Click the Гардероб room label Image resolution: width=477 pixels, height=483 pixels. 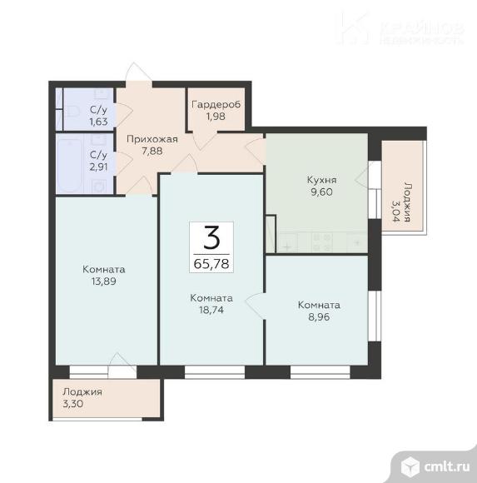point(216,105)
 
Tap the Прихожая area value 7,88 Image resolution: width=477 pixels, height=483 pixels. point(152,152)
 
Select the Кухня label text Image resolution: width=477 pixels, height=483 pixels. point(322,180)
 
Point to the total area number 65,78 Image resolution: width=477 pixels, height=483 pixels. point(211,264)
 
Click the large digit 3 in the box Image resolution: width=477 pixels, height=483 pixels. point(211,237)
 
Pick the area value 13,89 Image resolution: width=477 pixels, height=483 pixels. point(104,281)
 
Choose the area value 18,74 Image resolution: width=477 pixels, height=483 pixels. point(211,310)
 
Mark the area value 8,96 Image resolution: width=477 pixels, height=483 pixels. point(319,316)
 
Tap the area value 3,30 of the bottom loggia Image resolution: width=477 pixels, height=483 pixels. point(73,404)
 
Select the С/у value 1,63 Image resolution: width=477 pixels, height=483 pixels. point(98,122)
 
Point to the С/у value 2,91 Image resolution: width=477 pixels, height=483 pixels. point(98,167)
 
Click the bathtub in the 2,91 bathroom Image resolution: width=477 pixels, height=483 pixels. point(70,166)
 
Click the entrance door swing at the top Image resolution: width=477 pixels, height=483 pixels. point(138,72)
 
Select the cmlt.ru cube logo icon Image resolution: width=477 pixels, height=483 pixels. point(410,466)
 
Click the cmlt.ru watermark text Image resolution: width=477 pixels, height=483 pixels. point(446,466)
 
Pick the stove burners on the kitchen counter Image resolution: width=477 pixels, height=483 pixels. point(322,242)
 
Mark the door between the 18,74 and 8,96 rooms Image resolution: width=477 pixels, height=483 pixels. point(256,306)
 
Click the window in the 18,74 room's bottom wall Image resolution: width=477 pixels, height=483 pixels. point(215,371)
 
